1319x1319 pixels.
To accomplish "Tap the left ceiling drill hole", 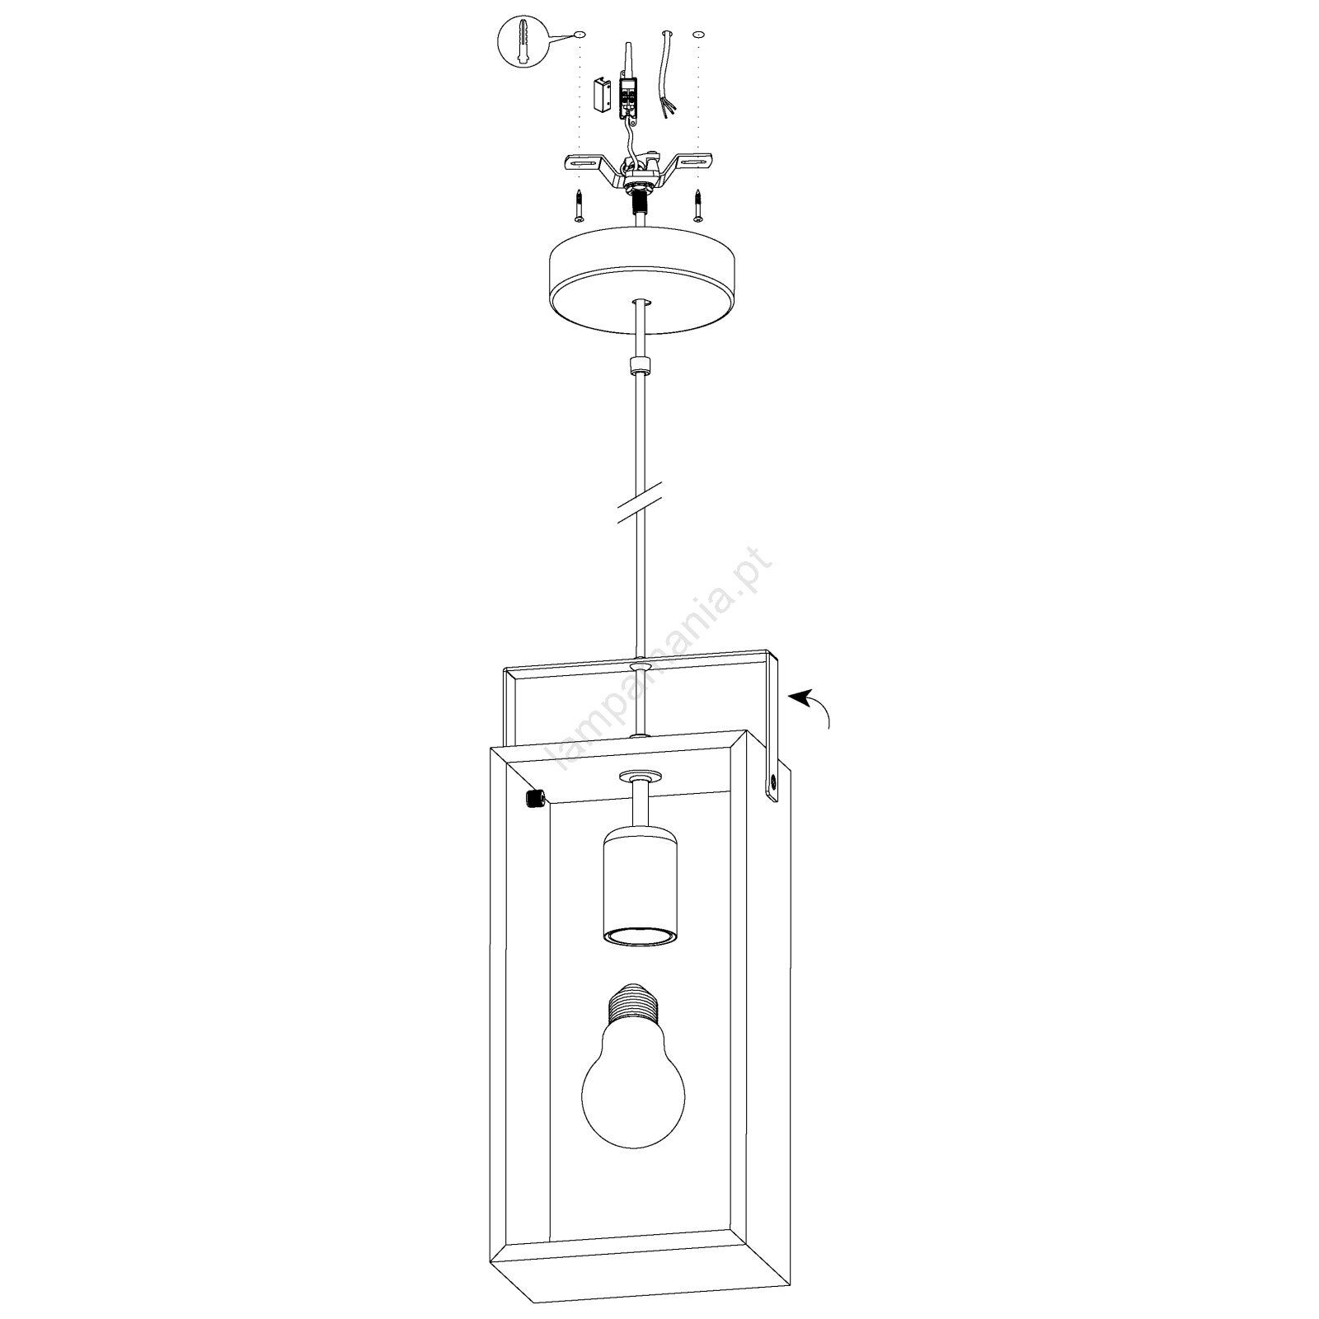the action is [580, 35].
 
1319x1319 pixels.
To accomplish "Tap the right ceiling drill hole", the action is [699, 35].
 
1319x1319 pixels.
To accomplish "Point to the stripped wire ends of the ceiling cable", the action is [667, 108].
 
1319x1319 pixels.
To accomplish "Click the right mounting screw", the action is [699, 205].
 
